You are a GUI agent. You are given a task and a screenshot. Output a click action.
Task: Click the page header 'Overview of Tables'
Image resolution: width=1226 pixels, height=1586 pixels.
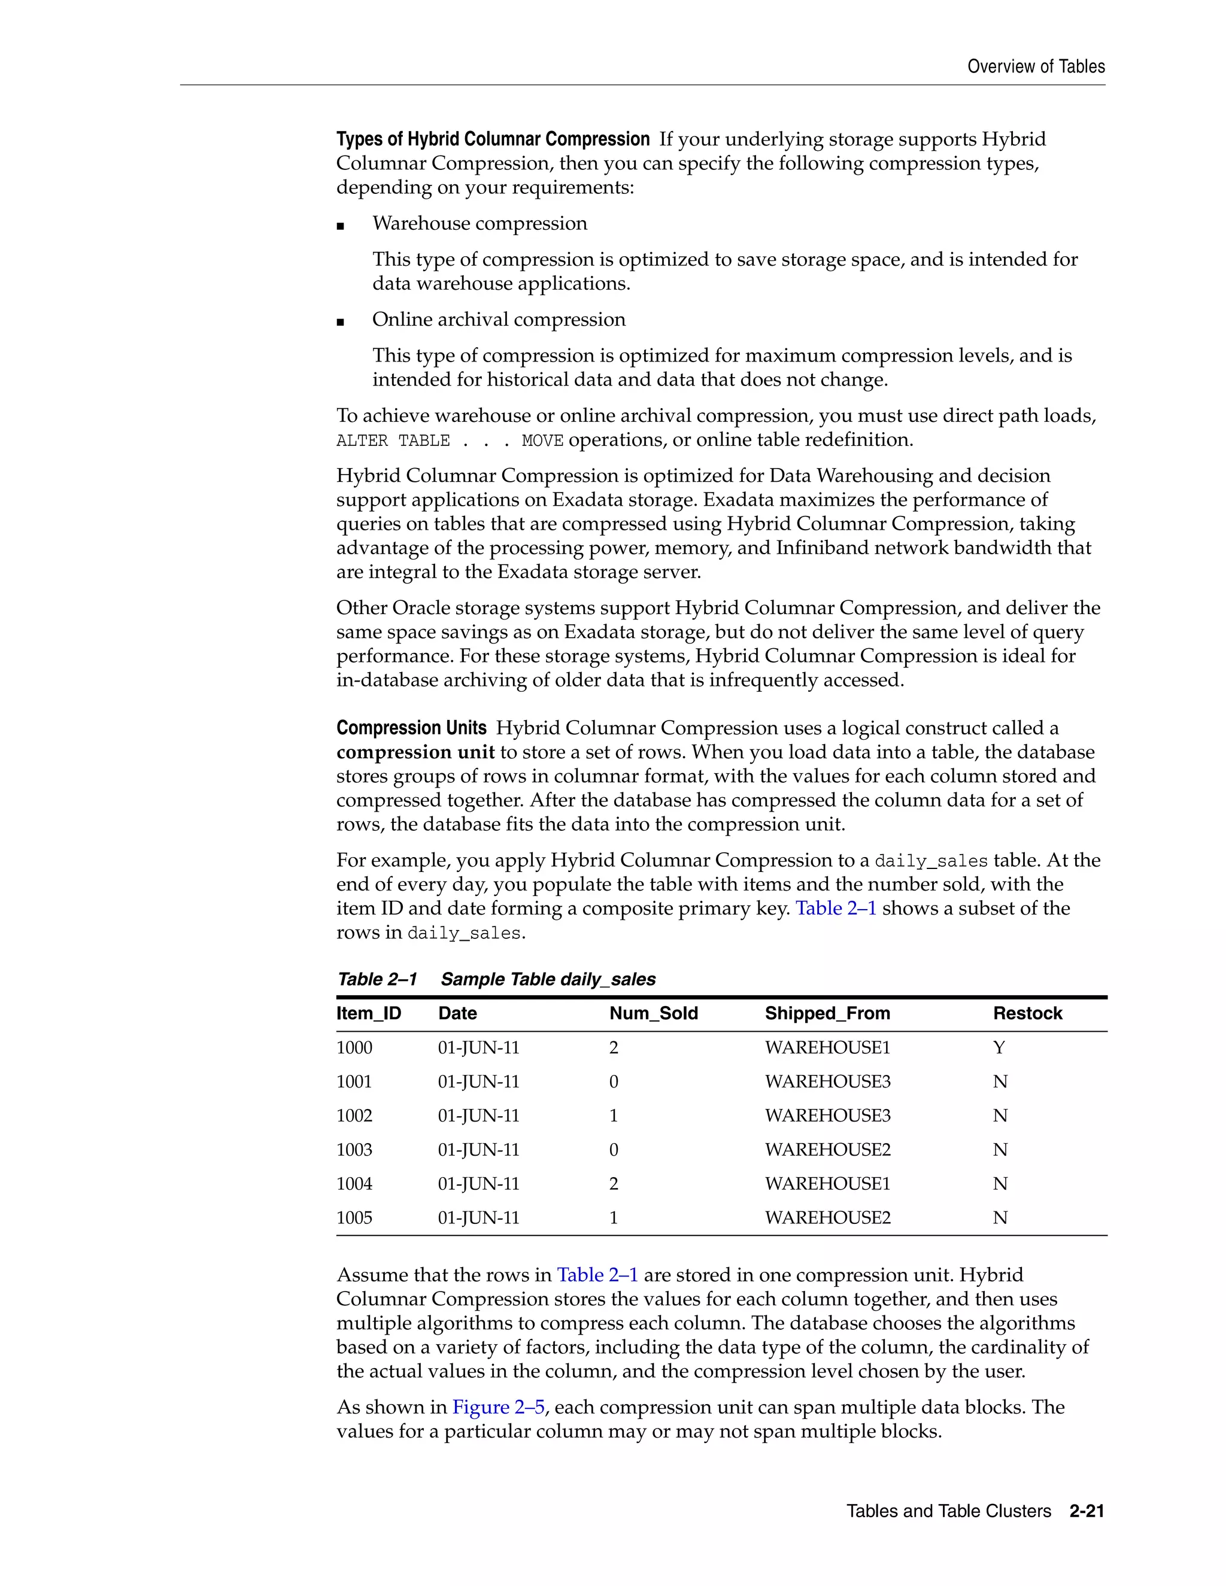1036,67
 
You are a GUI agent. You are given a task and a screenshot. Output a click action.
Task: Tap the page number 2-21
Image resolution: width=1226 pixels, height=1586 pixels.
1087,1511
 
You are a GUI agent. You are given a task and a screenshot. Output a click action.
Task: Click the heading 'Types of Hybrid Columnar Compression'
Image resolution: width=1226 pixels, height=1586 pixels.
493,139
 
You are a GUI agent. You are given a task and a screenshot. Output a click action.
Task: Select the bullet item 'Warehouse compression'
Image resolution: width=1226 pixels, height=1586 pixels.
480,224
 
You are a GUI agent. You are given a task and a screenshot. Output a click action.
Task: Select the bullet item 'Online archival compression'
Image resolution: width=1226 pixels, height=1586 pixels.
498,320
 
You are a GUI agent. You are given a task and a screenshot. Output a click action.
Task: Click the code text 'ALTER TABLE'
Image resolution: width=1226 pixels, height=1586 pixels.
392,441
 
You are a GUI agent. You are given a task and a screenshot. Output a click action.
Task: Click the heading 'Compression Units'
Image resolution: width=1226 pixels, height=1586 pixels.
411,728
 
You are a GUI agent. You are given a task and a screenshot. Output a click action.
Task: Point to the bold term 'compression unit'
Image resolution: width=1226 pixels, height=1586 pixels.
415,752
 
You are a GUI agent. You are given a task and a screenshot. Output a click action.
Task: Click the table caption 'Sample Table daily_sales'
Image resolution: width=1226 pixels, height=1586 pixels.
548,979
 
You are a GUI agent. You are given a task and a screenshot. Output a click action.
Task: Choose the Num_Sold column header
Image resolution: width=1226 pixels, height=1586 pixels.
653,1013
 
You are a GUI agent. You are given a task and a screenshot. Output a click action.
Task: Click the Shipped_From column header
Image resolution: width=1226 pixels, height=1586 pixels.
827,1013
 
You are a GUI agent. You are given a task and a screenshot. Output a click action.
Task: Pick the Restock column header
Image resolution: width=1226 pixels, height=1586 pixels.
1027,1013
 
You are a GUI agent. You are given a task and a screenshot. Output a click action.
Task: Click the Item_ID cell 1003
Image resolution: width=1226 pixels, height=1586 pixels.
354,1150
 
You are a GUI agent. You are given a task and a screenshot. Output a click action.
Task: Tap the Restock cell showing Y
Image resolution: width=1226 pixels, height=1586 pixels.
999,1048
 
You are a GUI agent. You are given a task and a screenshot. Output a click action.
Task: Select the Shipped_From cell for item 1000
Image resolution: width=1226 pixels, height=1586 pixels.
827,1048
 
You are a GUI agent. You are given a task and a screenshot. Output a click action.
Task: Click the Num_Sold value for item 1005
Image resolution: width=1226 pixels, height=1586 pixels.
613,1218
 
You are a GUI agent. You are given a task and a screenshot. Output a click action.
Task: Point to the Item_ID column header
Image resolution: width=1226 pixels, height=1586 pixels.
368,1013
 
